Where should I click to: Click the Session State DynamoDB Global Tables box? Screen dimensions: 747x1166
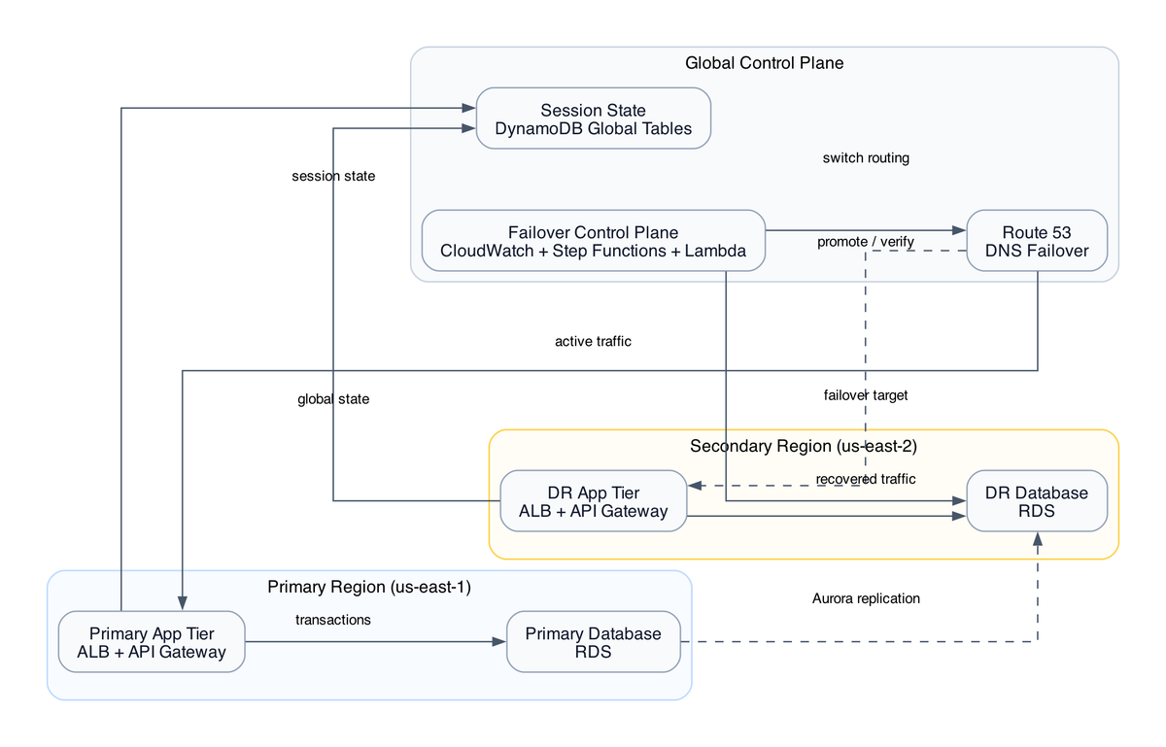click(593, 119)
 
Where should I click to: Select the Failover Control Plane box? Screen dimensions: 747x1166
click(593, 241)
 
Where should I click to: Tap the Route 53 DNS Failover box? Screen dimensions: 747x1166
click(1037, 241)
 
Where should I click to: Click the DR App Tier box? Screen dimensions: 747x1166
click(593, 501)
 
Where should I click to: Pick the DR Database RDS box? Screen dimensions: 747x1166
click(1037, 501)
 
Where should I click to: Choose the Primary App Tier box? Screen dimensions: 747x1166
click(151, 642)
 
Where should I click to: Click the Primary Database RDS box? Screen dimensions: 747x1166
click(593, 642)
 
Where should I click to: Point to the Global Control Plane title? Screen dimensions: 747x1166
click(764, 63)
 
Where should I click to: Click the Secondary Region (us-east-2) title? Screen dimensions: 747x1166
click(803, 446)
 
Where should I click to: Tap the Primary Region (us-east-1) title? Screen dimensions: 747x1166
click(369, 587)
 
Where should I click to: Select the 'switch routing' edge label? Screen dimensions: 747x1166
click(865, 157)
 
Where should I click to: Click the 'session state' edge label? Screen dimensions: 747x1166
click(333, 176)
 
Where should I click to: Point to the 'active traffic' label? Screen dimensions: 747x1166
click(593, 341)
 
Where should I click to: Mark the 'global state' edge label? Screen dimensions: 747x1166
click(333, 399)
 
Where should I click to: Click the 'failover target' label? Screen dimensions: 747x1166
click(865, 394)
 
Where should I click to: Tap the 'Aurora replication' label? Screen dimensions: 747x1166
click(865, 598)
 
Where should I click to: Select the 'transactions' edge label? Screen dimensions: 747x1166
click(332, 619)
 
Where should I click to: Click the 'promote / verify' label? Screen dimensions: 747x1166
click(865, 241)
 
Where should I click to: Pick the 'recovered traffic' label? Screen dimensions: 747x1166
click(865, 479)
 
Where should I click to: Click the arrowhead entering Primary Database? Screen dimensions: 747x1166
click(499, 642)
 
